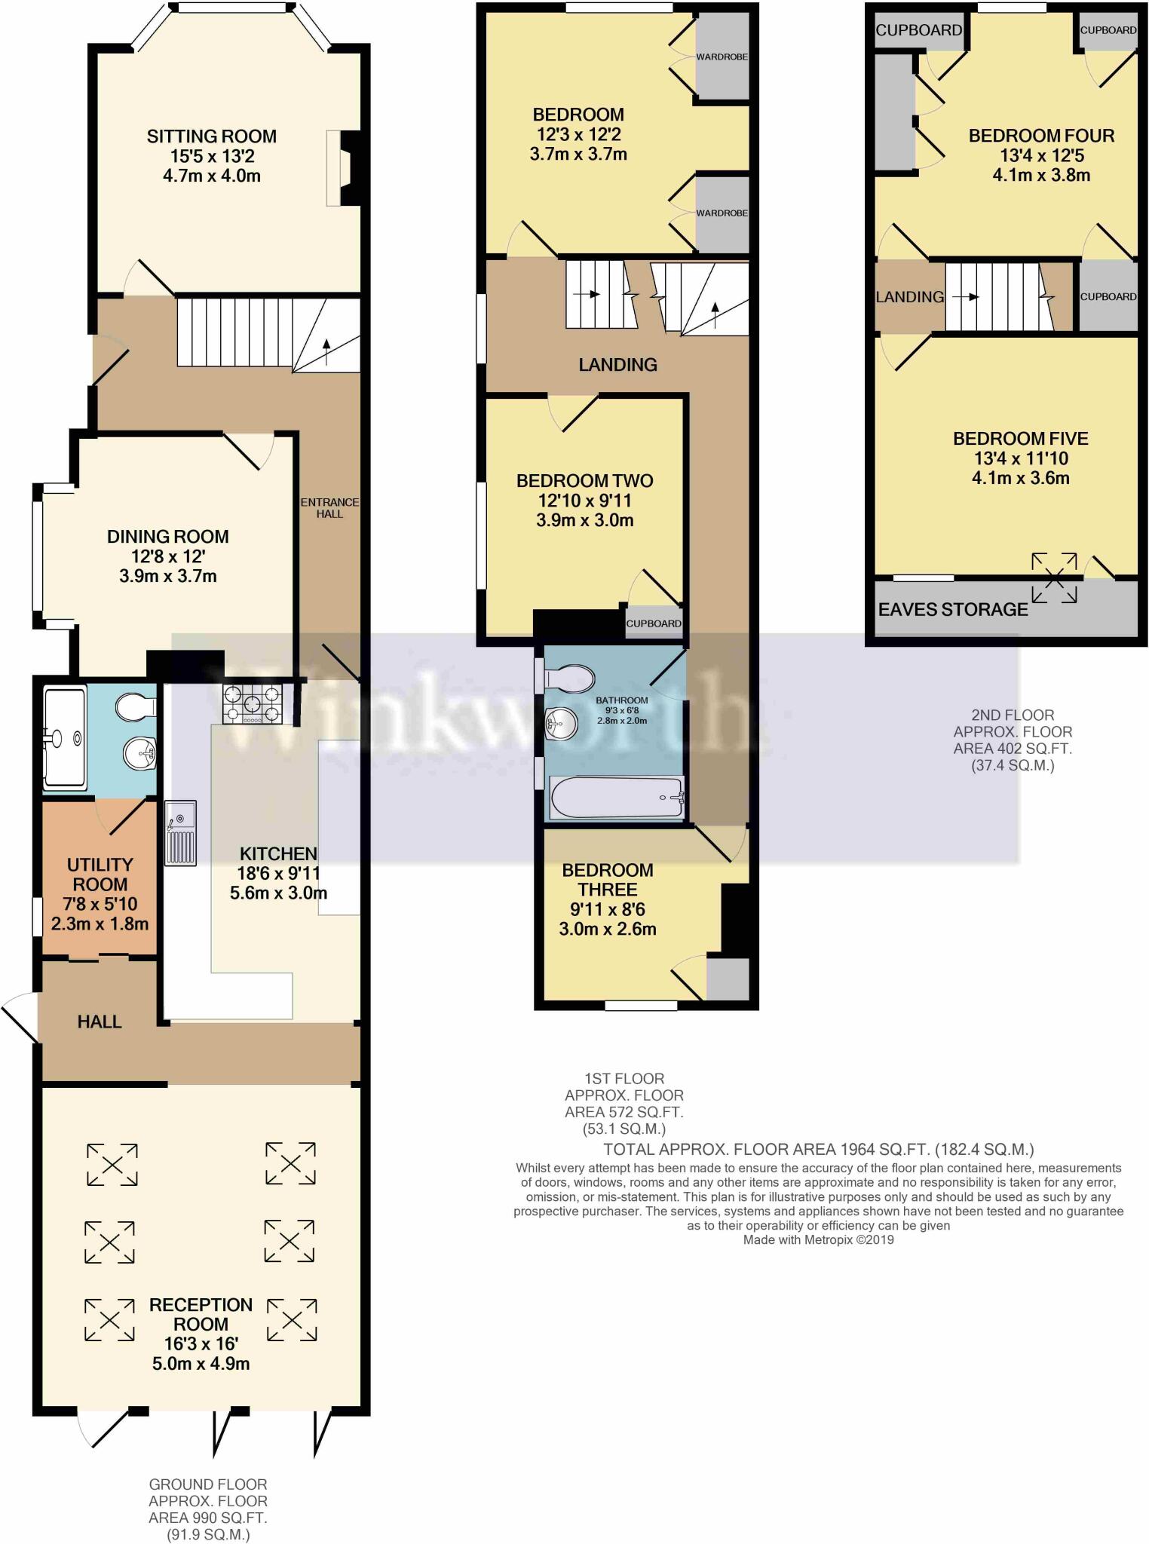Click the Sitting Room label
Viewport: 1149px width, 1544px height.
coord(211,136)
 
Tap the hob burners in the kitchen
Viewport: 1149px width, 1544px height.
coord(253,705)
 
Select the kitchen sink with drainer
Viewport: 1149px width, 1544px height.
coord(180,832)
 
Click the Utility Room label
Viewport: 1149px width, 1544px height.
coord(100,875)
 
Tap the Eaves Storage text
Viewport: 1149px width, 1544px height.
coord(953,609)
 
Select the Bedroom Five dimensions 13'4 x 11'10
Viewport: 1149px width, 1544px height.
coord(1021,458)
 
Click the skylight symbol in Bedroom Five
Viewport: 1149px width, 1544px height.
coord(1054,578)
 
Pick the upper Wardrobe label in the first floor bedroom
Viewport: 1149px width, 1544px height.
coord(722,57)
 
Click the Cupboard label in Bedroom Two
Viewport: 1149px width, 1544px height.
coord(654,623)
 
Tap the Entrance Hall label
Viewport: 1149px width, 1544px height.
coord(329,507)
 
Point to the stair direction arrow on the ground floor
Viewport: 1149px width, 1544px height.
coord(326,351)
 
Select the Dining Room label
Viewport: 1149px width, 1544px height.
coord(167,537)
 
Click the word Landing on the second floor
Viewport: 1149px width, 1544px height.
coord(909,297)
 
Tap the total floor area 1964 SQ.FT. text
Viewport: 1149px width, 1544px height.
coord(818,1150)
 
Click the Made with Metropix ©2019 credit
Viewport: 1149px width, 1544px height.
coord(818,1239)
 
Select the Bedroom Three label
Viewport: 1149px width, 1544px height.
coord(607,880)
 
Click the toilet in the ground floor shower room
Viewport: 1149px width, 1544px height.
coord(136,707)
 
